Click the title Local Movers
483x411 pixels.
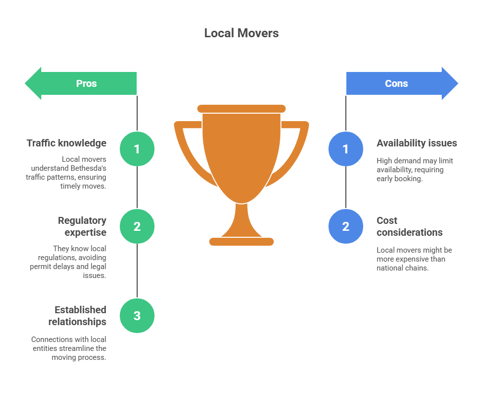click(241, 33)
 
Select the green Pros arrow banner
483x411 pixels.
click(82, 83)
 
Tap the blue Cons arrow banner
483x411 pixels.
click(401, 83)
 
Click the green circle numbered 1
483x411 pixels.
click(137, 149)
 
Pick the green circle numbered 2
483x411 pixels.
click(137, 226)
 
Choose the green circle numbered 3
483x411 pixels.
click(137, 316)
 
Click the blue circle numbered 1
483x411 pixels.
click(346, 149)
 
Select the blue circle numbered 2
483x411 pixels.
click(346, 226)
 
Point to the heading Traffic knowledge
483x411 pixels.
click(67, 143)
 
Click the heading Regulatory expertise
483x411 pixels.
click(82, 226)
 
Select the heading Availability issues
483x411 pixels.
click(416, 143)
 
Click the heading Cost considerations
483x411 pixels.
click(409, 226)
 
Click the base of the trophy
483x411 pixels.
click(241, 242)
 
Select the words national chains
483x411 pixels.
click(402, 268)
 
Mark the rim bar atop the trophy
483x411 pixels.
click(241, 109)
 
